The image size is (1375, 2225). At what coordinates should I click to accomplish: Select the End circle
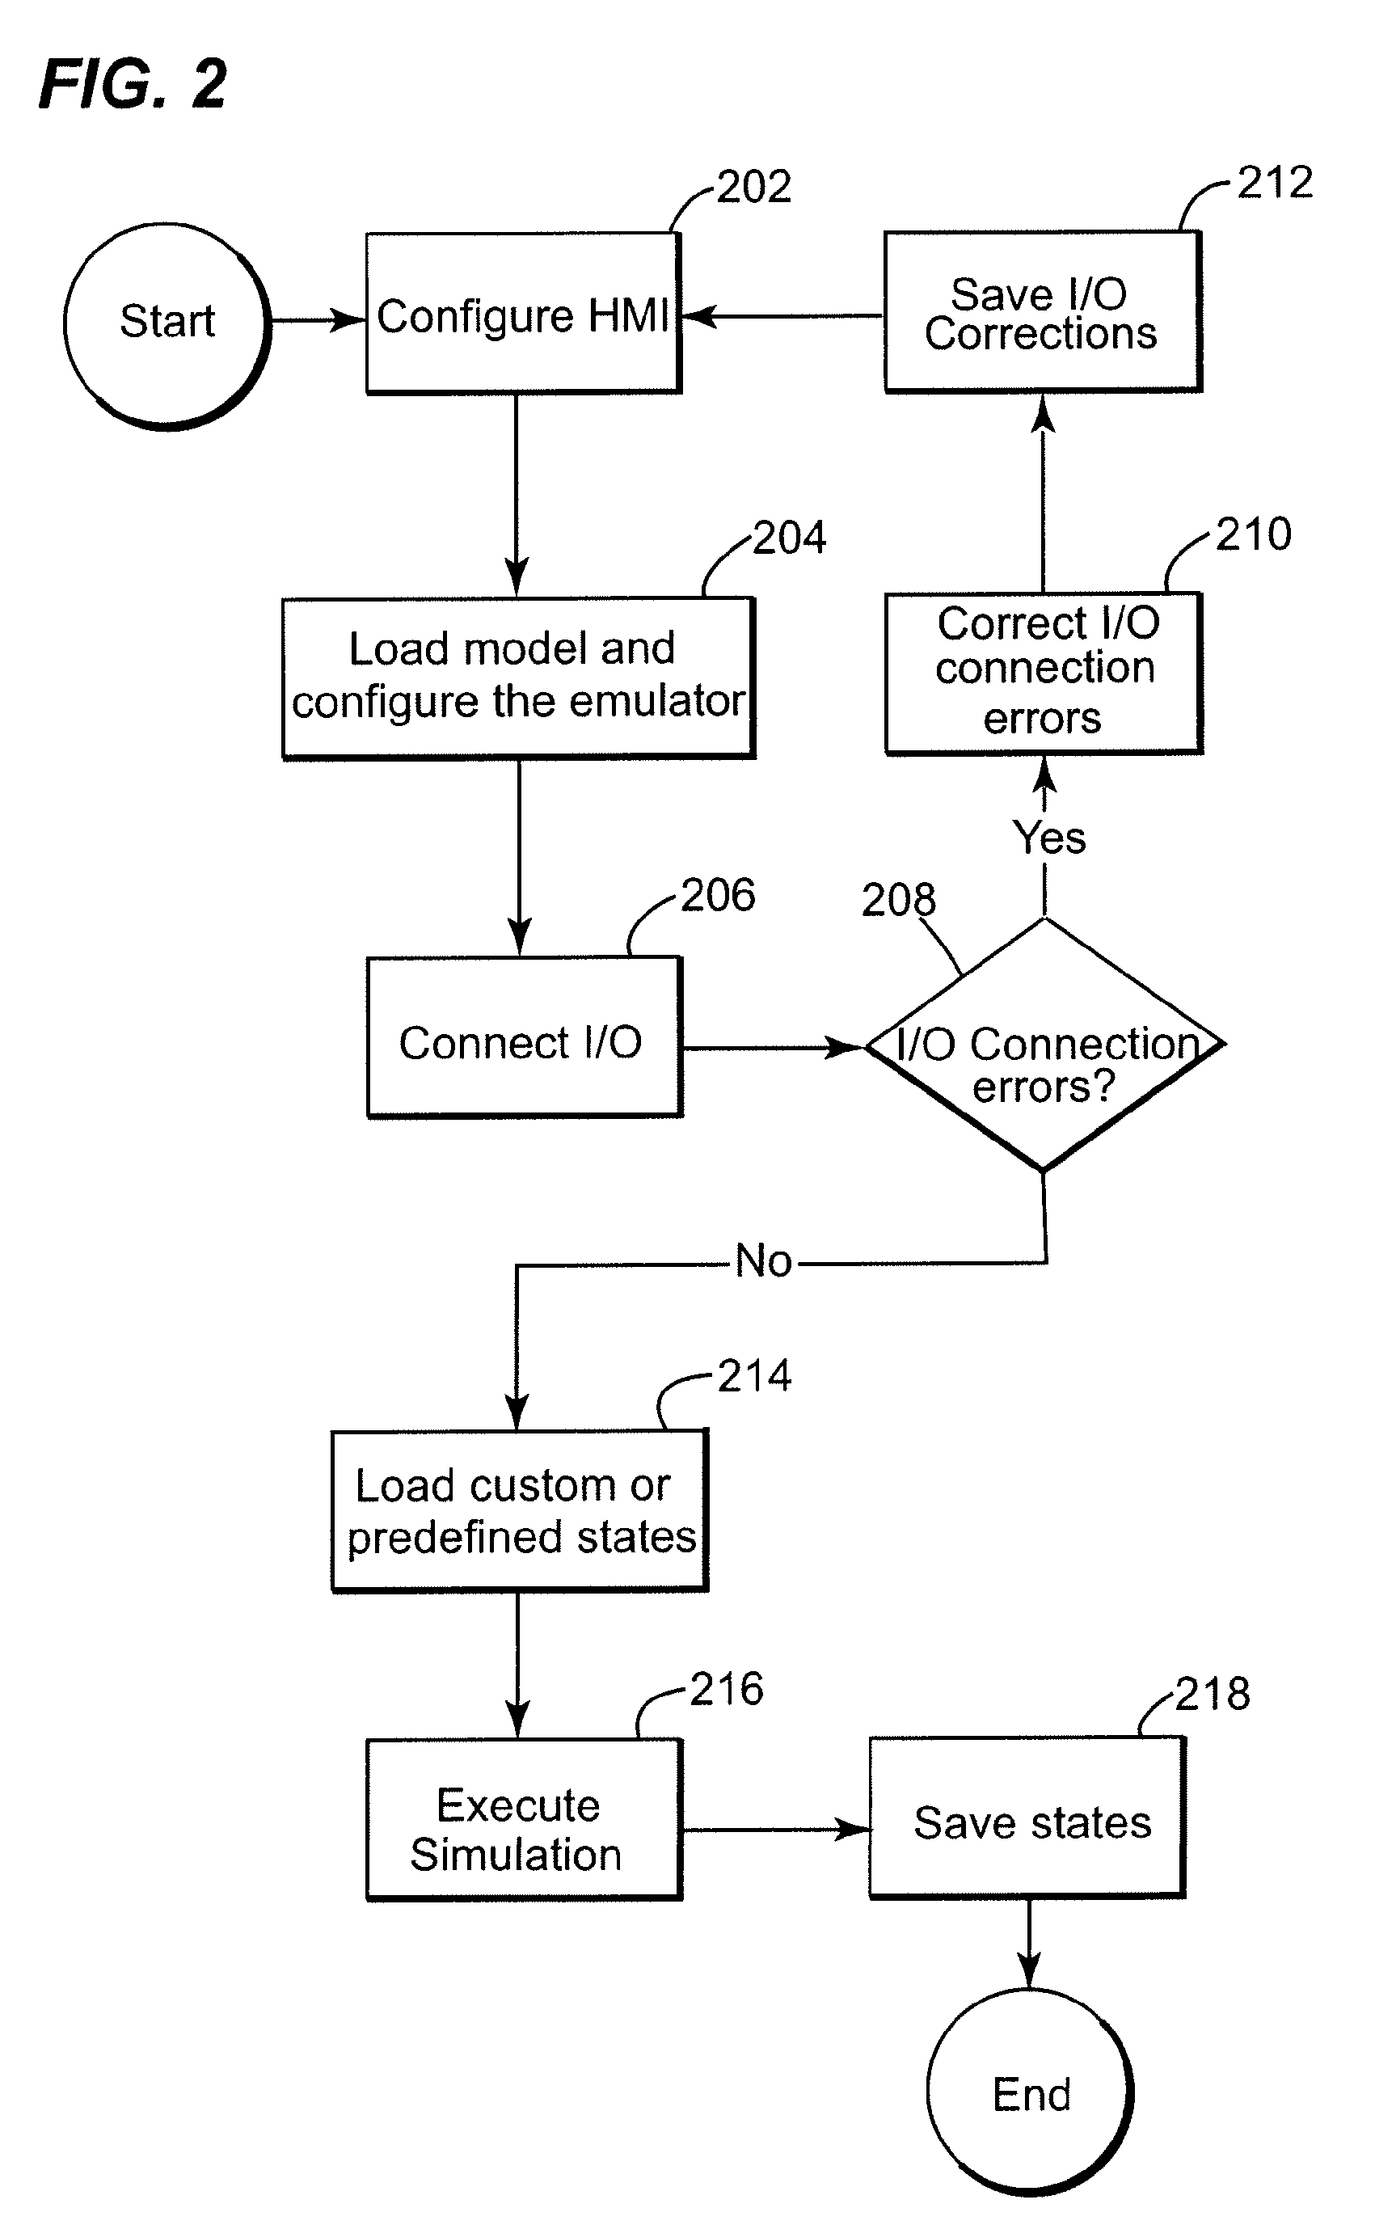[x=1031, y=2092]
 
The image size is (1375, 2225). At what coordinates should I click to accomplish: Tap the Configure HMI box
[x=523, y=314]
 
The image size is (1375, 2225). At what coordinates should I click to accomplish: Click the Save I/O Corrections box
[x=1042, y=312]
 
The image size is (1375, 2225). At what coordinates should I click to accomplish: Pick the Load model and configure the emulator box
[x=518, y=678]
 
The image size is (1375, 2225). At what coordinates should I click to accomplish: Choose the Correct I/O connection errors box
[x=1044, y=673]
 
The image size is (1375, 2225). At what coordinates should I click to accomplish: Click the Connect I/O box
[x=524, y=1037]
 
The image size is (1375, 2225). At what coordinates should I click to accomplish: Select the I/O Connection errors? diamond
[x=1044, y=1045]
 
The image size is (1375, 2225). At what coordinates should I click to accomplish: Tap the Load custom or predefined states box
[x=519, y=1511]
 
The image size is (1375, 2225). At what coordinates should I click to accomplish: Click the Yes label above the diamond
[x=1049, y=838]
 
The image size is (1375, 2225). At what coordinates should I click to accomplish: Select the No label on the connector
[x=763, y=1261]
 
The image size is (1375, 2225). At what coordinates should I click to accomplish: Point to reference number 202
[x=754, y=188]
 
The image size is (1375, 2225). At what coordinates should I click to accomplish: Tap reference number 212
[x=1275, y=183]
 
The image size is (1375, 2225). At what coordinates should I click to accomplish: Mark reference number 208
[x=897, y=900]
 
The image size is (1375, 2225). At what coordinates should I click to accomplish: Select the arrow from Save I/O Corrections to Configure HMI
[x=782, y=316]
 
